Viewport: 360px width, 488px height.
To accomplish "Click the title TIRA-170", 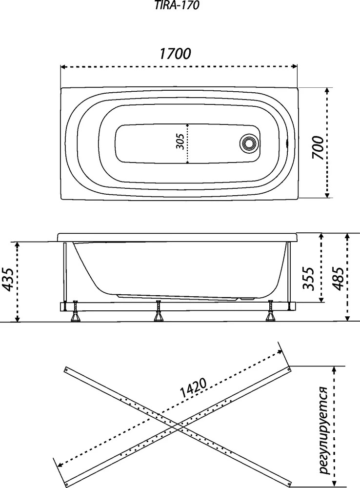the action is coord(177,5).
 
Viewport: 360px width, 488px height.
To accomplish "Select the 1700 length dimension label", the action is coord(175,54).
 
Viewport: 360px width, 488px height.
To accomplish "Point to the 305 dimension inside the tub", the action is coord(182,142).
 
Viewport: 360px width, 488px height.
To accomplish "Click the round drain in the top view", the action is coord(248,143).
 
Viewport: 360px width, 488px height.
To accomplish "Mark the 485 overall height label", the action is coord(338,278).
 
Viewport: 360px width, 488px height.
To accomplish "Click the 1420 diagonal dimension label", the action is coord(192,388).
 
